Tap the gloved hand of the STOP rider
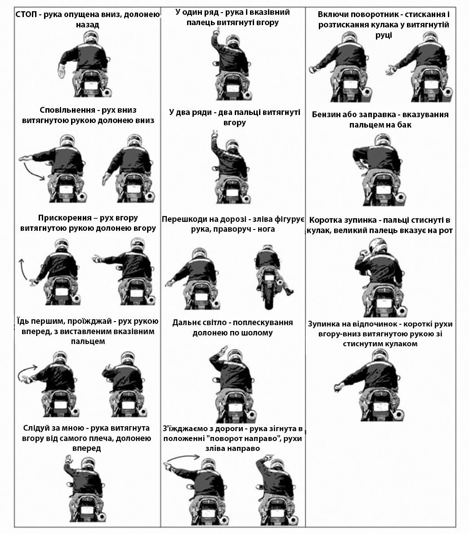pyautogui.click(x=62, y=72)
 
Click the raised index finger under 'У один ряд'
pyautogui.click(x=215, y=32)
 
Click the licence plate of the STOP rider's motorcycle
pyautogui.click(x=89, y=85)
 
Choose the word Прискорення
pyautogui.click(x=64, y=218)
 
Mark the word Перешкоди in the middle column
pyautogui.click(x=185, y=219)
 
